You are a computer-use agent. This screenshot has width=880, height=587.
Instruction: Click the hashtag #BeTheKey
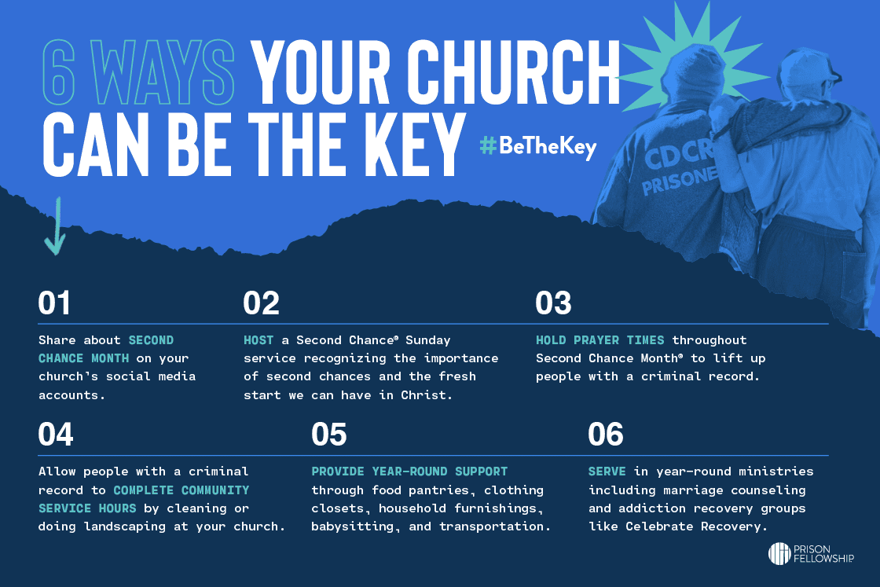pyautogui.click(x=537, y=146)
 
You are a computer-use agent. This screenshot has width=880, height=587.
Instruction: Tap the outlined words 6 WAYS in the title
pyautogui.click(x=138, y=73)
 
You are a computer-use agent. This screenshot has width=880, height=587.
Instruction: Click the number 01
pyautogui.click(x=54, y=303)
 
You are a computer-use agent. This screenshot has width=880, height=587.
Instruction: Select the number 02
pyautogui.click(x=261, y=303)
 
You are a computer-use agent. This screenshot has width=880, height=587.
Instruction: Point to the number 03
pyautogui.click(x=553, y=303)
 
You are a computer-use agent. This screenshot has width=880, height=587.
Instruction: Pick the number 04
pyautogui.click(x=56, y=435)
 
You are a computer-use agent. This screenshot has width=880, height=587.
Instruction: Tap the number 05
pyautogui.click(x=329, y=435)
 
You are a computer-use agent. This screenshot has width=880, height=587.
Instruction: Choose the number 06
pyautogui.click(x=606, y=435)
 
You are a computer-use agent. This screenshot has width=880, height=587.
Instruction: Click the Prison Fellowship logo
pyautogui.click(x=811, y=553)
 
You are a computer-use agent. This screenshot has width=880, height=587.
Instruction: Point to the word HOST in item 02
pyautogui.click(x=258, y=340)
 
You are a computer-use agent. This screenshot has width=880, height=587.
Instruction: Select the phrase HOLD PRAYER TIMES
pyautogui.click(x=600, y=340)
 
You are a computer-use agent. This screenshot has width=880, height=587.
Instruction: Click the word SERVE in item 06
pyautogui.click(x=607, y=471)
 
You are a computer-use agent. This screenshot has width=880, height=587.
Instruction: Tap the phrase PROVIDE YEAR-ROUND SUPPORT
pyautogui.click(x=409, y=471)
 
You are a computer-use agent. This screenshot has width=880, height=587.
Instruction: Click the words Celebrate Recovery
pyautogui.click(x=696, y=526)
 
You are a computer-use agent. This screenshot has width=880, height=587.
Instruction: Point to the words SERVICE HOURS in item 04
pyautogui.click(x=87, y=508)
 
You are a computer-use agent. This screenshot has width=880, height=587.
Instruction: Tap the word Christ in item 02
pyautogui.click(x=427, y=395)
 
